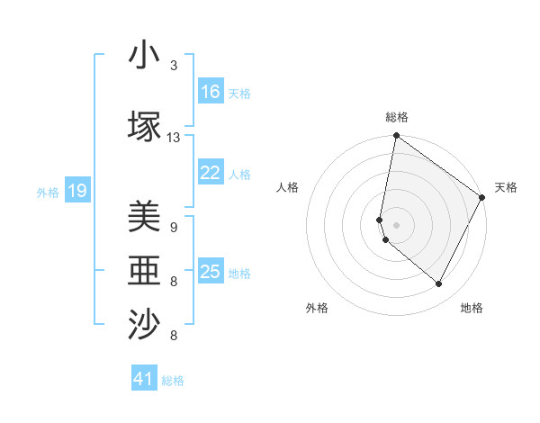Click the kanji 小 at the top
(145, 56)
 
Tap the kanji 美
(145, 218)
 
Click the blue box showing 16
(211, 92)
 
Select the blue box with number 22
(211, 173)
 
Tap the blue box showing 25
(211, 272)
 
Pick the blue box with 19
(77, 191)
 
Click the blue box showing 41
(145, 379)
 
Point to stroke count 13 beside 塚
(174, 138)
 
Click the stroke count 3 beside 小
(174, 66)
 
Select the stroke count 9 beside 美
(174, 228)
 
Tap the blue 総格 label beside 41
(173, 381)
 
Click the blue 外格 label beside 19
(48, 192)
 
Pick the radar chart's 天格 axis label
(506, 187)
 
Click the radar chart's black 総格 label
(397, 117)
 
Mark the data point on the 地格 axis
(439, 284)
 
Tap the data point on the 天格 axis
(482, 198)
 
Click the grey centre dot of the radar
(397, 223)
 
